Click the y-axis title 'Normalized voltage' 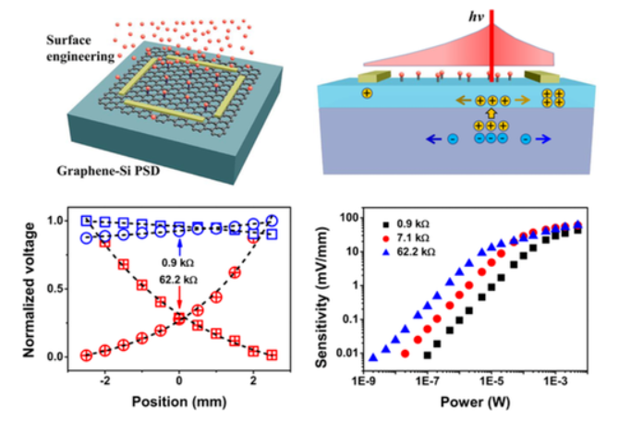pos(26,286)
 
